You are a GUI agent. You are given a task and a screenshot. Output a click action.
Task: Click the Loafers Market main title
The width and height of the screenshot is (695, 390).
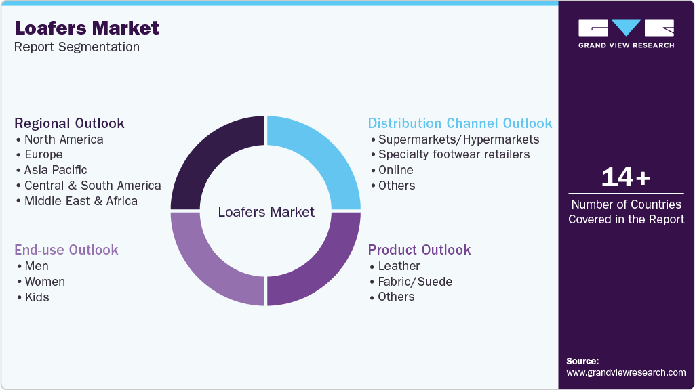coord(87,28)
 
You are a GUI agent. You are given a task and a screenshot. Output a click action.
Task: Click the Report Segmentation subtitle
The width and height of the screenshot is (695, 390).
coord(77,47)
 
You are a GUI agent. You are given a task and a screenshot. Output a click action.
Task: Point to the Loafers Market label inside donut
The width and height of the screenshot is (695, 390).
coord(266,212)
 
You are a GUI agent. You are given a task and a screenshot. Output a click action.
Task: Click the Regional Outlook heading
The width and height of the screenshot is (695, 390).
coord(69,123)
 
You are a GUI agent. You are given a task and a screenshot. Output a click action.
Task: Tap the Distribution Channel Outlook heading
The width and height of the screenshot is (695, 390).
coord(460,123)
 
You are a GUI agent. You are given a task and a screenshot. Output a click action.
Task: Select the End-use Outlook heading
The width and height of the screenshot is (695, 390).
coord(66,250)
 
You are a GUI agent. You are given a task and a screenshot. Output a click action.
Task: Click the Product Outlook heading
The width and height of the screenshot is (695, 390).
coord(419,250)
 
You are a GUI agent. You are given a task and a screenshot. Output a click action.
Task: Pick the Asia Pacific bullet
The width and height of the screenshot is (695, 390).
coord(56,170)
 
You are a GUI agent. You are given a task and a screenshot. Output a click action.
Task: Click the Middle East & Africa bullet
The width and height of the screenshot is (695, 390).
coord(81,201)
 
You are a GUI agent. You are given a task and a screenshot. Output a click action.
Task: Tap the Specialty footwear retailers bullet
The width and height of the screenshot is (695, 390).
coord(454,154)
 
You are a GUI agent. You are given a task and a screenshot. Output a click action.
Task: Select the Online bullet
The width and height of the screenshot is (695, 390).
coord(395,170)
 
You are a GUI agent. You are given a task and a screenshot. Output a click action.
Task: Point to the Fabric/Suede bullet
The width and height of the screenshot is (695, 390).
coord(415,282)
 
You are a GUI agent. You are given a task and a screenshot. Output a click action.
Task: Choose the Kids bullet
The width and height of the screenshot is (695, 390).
coord(37,297)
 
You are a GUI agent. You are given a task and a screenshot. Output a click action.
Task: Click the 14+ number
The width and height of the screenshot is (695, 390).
coord(626,177)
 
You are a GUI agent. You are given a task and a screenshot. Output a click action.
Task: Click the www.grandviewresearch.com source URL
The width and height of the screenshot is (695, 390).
coord(626,372)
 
